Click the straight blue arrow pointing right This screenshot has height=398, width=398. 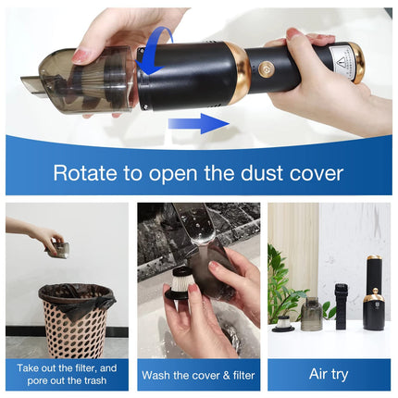click(x=199, y=124)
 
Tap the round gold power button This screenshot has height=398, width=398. click(x=265, y=68)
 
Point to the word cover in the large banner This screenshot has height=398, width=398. click(x=316, y=173)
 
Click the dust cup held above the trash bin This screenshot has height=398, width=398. click(x=58, y=248)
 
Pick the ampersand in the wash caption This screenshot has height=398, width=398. click(x=227, y=375)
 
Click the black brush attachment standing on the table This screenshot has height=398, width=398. click(x=341, y=306)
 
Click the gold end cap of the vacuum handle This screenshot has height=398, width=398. click(x=357, y=63)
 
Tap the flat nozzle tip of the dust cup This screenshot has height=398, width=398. click(x=31, y=87)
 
